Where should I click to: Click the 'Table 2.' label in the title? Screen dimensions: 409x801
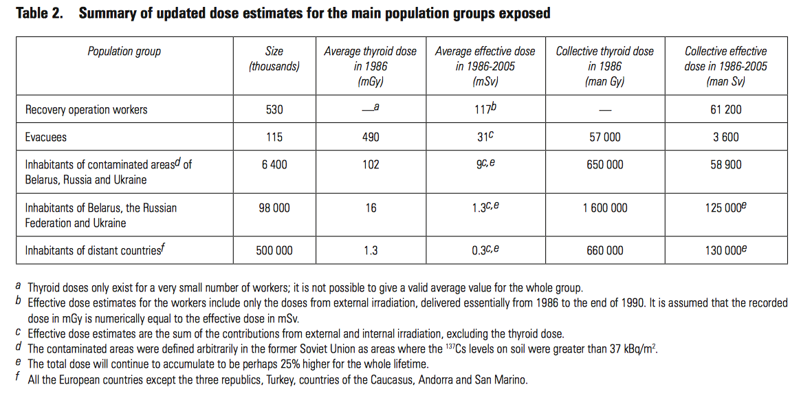click(39, 13)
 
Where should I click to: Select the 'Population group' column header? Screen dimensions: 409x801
click(124, 52)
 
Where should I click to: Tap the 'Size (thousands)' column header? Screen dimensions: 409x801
click(274, 59)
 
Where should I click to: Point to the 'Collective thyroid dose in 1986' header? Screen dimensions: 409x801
click(604, 66)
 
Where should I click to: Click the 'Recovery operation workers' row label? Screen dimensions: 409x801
click(86, 109)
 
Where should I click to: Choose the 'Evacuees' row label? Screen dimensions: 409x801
click(46, 137)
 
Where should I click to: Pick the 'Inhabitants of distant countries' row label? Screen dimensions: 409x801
click(95, 250)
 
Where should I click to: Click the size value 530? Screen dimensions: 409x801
click(274, 109)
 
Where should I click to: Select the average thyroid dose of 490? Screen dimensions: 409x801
click(370, 137)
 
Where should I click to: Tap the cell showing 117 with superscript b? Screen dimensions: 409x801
click(485, 109)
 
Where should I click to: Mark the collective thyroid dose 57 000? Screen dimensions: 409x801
click(604, 137)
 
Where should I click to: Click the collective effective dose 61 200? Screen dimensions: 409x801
click(725, 109)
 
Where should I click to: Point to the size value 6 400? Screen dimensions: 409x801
click(274, 165)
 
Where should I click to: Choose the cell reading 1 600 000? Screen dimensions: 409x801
click(604, 208)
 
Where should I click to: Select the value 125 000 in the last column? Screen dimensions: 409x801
click(723, 208)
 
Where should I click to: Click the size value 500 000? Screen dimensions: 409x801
click(274, 250)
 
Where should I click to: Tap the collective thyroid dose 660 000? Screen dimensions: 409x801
click(604, 250)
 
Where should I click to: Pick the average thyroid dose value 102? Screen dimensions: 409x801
click(370, 165)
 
